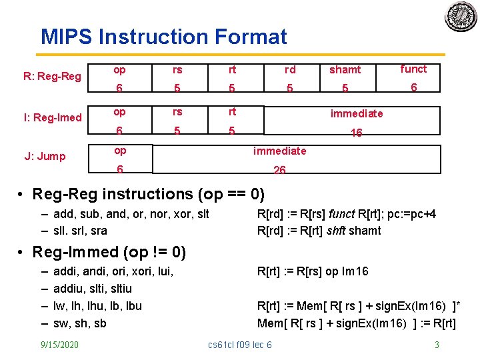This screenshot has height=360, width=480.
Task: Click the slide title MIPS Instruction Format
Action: (x=163, y=36)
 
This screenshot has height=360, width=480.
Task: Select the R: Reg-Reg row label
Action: (x=52, y=76)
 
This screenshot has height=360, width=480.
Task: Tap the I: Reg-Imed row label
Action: (x=53, y=118)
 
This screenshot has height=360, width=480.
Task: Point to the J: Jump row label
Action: (x=45, y=157)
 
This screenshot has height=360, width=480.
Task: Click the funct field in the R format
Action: (x=413, y=69)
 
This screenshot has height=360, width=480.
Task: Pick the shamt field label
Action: (x=345, y=69)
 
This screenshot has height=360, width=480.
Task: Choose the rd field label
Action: (x=290, y=69)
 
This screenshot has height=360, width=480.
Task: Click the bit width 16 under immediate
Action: (x=356, y=133)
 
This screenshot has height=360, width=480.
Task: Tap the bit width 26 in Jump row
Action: (x=279, y=171)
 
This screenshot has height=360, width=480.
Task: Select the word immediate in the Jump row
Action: (x=279, y=151)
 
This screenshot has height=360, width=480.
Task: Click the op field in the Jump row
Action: (x=120, y=151)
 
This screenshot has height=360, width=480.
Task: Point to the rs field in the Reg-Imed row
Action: (x=177, y=112)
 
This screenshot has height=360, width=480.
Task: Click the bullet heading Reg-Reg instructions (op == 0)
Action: (x=148, y=195)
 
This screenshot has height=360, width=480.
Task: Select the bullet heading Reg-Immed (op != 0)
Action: (x=109, y=253)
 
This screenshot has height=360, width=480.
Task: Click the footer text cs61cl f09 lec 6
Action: (x=240, y=345)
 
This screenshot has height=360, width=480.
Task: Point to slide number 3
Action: (x=437, y=345)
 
